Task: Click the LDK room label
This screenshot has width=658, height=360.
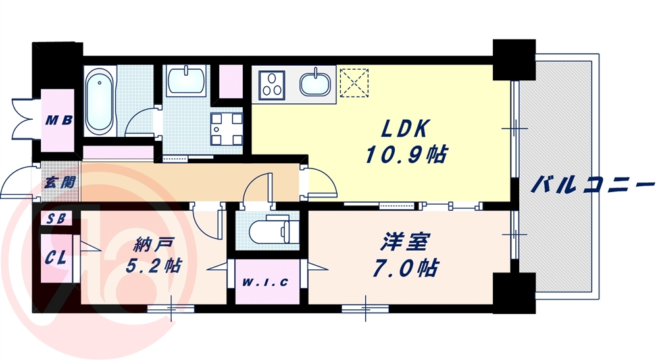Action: pos(405,128)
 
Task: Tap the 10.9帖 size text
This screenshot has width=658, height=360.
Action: pos(406,155)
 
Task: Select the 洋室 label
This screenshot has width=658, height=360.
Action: pos(405,242)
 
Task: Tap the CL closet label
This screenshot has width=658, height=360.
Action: pos(56,257)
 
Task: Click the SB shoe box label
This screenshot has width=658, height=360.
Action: pos(56,219)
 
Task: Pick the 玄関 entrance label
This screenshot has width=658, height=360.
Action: pos(61,182)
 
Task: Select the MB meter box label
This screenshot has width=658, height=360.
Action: pos(59,121)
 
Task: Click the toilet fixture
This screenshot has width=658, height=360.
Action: pos(274,230)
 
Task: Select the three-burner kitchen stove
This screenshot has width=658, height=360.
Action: pos(272,85)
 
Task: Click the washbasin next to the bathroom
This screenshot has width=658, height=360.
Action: pos(186,80)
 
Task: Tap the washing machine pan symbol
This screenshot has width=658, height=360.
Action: pos(226,128)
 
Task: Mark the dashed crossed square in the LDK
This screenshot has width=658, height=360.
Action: pos(354,83)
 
